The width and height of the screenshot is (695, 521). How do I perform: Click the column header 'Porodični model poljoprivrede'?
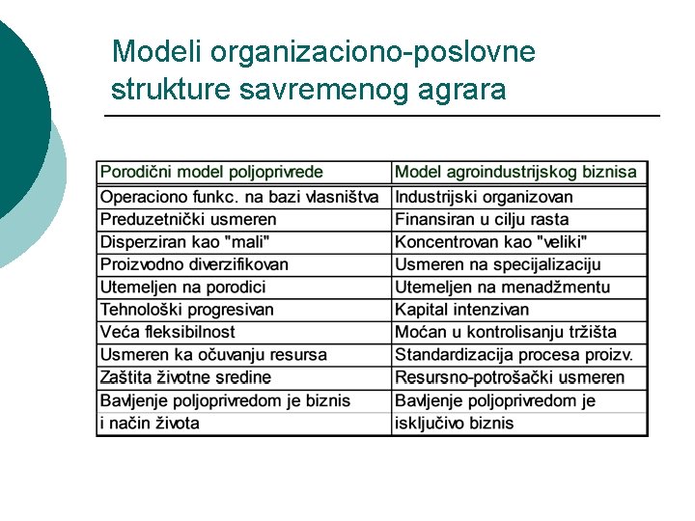pyautogui.click(x=211, y=173)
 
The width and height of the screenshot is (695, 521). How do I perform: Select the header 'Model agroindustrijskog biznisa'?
pyautogui.click(x=515, y=173)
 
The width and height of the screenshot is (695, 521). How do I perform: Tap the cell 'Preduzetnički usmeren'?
pyautogui.click(x=188, y=220)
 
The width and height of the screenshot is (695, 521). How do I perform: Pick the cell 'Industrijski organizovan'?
pyautogui.click(x=484, y=198)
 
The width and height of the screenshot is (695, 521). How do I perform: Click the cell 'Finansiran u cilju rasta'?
pyautogui.click(x=482, y=220)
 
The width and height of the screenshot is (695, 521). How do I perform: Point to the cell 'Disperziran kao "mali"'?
pyautogui.click(x=185, y=242)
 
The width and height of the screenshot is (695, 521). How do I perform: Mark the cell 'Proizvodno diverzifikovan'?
pyautogui.click(x=194, y=264)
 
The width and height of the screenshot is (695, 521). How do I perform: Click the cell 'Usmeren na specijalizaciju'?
pyautogui.click(x=497, y=264)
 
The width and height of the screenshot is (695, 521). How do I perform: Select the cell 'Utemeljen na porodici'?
pyautogui.click(x=182, y=287)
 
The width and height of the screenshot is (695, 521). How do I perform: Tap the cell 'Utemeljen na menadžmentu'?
pyautogui.click(x=502, y=287)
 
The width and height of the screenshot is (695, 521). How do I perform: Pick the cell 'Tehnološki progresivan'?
pyautogui.click(x=187, y=310)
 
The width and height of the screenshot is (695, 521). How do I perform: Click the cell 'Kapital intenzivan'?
pyautogui.click(x=461, y=310)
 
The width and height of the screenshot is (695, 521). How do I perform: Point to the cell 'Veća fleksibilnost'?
pyautogui.click(x=167, y=332)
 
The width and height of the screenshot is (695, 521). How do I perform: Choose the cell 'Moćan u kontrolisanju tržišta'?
pyautogui.click(x=505, y=332)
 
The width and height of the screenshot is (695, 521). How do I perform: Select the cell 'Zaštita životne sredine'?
pyautogui.click(x=185, y=377)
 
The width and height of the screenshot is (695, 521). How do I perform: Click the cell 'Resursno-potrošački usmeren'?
pyautogui.click(x=509, y=377)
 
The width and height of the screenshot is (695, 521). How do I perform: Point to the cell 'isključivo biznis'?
pyautogui.click(x=454, y=423)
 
